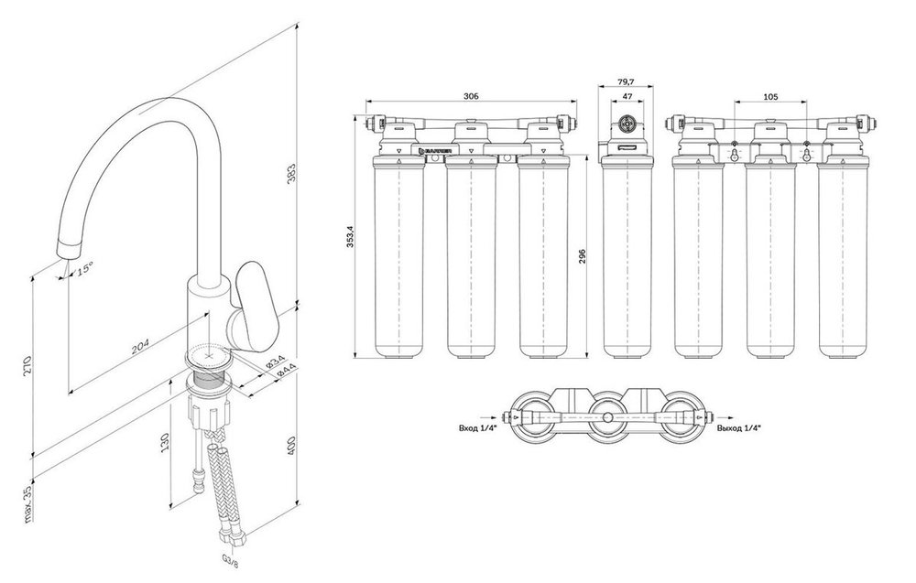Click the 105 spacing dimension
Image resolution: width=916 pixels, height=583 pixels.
click(x=769, y=95)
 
